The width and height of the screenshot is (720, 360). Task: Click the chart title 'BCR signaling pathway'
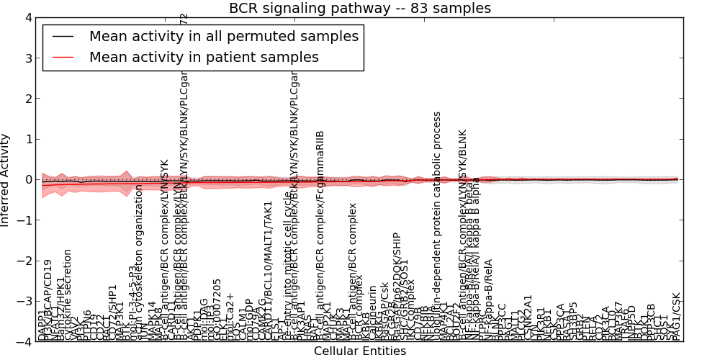tap(359, 9)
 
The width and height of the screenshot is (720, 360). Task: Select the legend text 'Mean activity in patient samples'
tap(204, 56)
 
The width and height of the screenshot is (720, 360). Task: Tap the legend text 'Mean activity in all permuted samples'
tap(223, 36)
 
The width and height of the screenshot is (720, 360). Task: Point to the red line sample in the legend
tap(63, 56)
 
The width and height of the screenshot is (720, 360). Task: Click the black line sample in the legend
tap(63, 36)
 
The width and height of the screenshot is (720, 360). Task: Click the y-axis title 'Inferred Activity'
tap(6, 180)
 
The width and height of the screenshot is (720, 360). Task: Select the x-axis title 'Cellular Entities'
tap(360, 351)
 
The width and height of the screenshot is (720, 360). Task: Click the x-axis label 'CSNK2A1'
tap(528, 318)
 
